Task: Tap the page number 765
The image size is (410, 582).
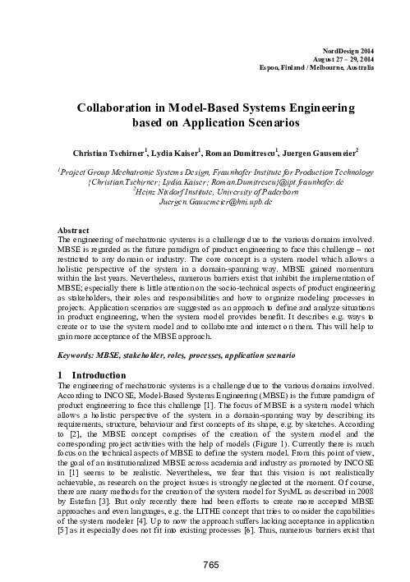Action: [x=205, y=562]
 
